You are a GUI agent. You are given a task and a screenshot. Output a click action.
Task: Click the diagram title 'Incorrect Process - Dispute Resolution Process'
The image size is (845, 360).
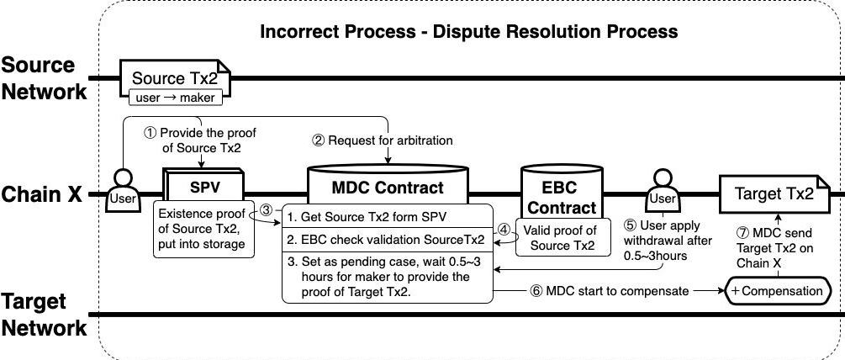point(468,32)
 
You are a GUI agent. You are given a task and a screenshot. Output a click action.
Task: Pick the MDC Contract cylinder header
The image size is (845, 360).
point(388,186)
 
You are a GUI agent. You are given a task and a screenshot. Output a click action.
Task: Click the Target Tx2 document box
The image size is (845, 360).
point(774,194)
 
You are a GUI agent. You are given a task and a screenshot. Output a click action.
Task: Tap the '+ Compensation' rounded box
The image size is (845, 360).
point(777,291)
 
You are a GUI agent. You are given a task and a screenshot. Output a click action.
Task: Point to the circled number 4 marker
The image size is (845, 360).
point(503,227)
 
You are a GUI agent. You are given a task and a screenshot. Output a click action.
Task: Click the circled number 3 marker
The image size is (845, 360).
point(266,210)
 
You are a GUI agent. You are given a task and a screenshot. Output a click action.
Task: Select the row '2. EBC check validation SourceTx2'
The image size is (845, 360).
point(386,239)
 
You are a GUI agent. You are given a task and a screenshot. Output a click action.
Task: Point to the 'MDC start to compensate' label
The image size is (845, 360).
point(610,291)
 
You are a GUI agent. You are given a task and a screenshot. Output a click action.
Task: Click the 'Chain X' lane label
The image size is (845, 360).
point(42,194)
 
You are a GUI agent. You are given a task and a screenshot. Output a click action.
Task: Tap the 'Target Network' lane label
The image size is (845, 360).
point(44,315)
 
